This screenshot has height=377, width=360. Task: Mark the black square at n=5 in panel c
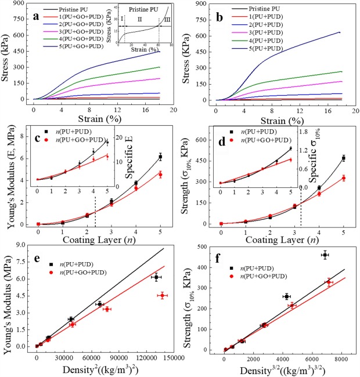tap(160, 157)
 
